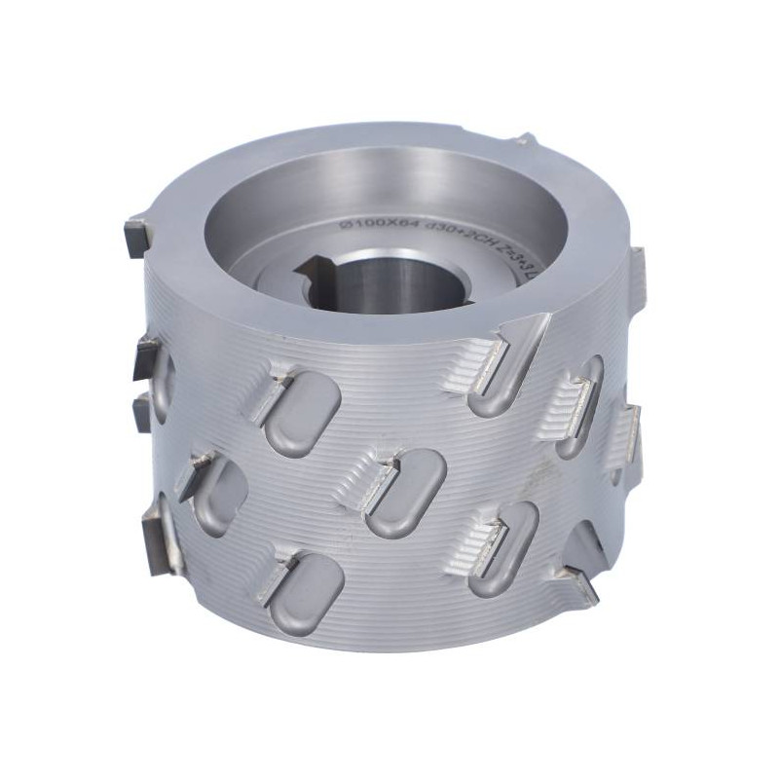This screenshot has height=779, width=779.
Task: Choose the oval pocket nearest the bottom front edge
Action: coord(306,589)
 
